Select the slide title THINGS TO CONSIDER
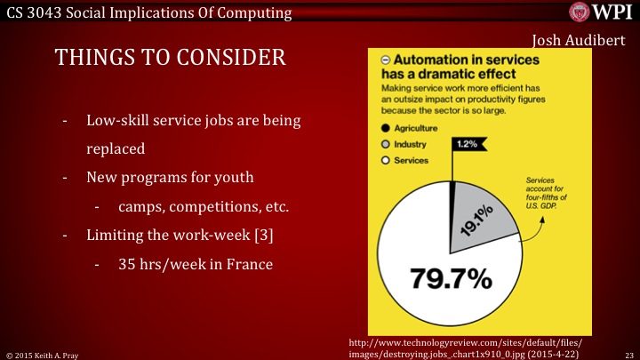[x=171, y=58]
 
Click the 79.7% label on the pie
[x=450, y=278]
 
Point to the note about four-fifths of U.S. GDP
[x=552, y=196]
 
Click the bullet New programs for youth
[x=170, y=177]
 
